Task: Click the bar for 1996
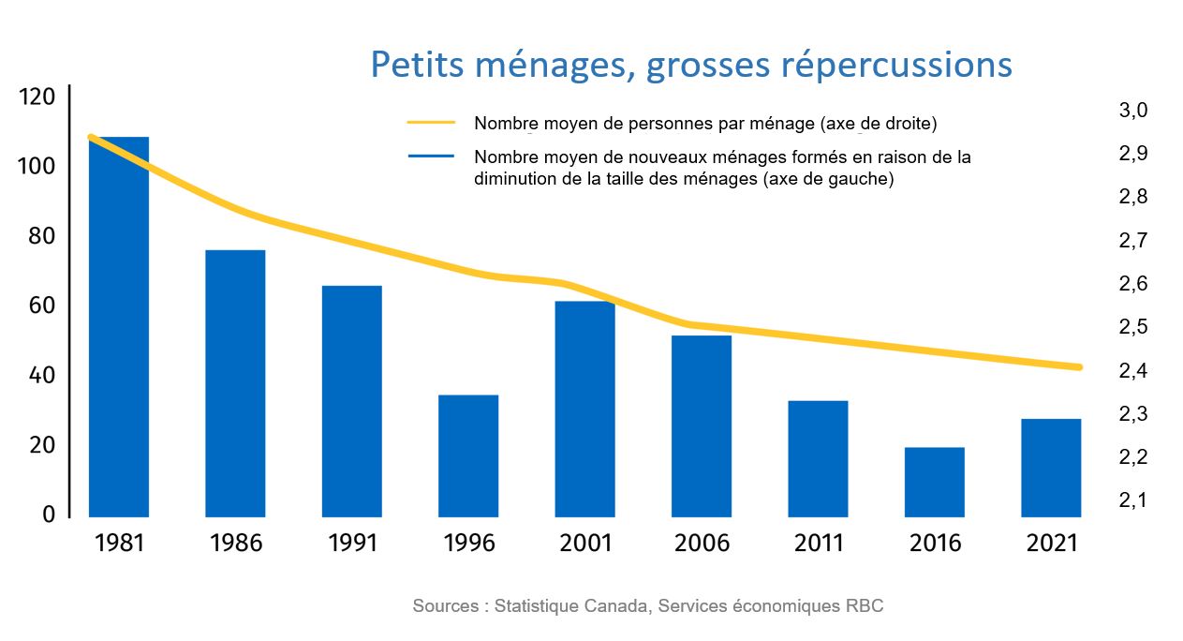[x=468, y=455]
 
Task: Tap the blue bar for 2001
[x=584, y=409]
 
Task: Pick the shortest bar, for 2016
[x=934, y=482]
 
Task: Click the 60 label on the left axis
[x=41, y=306]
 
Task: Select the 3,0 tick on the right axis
[x=1133, y=111]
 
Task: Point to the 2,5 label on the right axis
[x=1133, y=327]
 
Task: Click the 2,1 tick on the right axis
[x=1133, y=500]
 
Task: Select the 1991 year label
[x=352, y=544]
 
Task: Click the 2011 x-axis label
[x=818, y=544]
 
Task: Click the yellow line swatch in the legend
[x=431, y=123]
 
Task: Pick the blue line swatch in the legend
[x=431, y=157]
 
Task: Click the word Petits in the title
[x=415, y=65]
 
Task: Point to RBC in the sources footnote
[x=867, y=606]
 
